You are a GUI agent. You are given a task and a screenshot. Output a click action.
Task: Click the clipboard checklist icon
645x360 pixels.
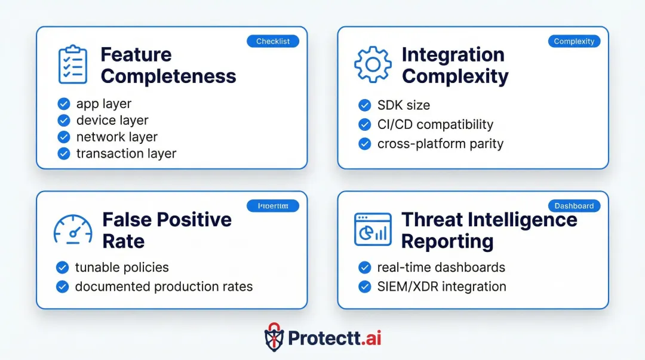[72, 64]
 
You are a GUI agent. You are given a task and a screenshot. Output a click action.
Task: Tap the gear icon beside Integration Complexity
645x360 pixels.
[373, 64]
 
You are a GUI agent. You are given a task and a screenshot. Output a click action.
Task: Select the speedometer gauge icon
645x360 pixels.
[73, 229]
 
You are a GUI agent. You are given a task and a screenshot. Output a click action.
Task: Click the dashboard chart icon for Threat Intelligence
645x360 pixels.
[373, 229]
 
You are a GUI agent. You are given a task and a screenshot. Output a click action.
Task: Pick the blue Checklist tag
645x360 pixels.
[272, 41]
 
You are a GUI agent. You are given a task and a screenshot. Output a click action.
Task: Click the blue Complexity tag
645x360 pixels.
[574, 41]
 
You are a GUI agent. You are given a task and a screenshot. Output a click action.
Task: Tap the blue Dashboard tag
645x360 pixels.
[574, 206]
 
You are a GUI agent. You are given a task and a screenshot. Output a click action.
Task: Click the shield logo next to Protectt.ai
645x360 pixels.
[274, 338]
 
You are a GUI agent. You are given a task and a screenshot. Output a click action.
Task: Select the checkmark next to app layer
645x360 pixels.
[64, 104]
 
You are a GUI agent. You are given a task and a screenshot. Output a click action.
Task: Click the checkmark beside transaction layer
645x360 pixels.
[64, 153]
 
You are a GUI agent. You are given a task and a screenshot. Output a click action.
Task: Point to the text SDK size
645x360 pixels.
[403, 105]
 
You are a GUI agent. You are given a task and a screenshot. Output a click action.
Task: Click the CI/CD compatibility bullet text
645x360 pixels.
[435, 124]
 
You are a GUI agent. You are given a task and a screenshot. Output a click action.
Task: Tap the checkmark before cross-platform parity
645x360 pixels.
[364, 144]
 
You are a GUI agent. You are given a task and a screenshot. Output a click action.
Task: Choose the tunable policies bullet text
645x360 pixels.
[122, 267]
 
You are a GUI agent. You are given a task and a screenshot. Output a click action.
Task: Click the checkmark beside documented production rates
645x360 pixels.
[62, 287]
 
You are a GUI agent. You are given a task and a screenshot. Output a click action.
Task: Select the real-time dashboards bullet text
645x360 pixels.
[441, 267]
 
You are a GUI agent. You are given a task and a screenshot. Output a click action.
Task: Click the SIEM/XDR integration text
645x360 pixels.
[441, 287]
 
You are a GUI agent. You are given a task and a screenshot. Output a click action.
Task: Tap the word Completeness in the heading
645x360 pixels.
[168, 76]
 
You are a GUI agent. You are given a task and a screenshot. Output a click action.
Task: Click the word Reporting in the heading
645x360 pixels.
[447, 241]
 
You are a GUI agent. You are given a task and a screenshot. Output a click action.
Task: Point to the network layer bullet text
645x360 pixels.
[117, 137]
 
